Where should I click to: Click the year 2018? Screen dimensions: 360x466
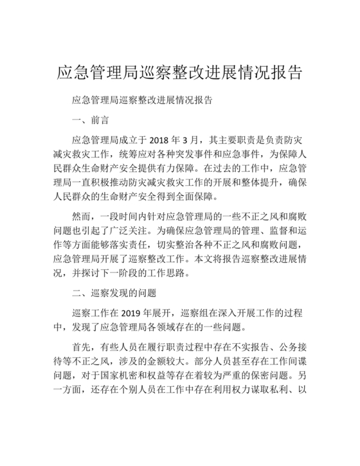(162, 139)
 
